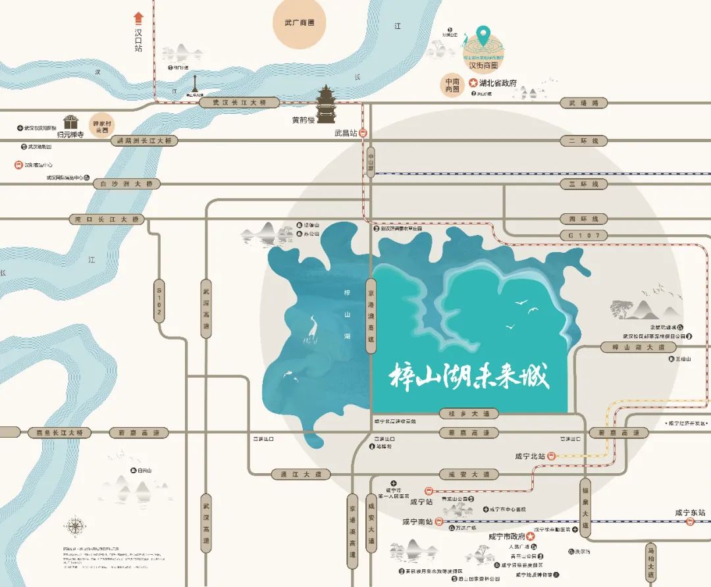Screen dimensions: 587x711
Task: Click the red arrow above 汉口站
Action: tap(138, 17)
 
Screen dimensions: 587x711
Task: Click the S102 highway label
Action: tap(159, 301)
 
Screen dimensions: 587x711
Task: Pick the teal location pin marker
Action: tap(483, 32)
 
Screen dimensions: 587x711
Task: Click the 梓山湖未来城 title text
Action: tap(469, 376)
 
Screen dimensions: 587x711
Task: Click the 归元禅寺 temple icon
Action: tap(70, 122)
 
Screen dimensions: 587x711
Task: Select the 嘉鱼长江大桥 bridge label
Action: tap(60, 432)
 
